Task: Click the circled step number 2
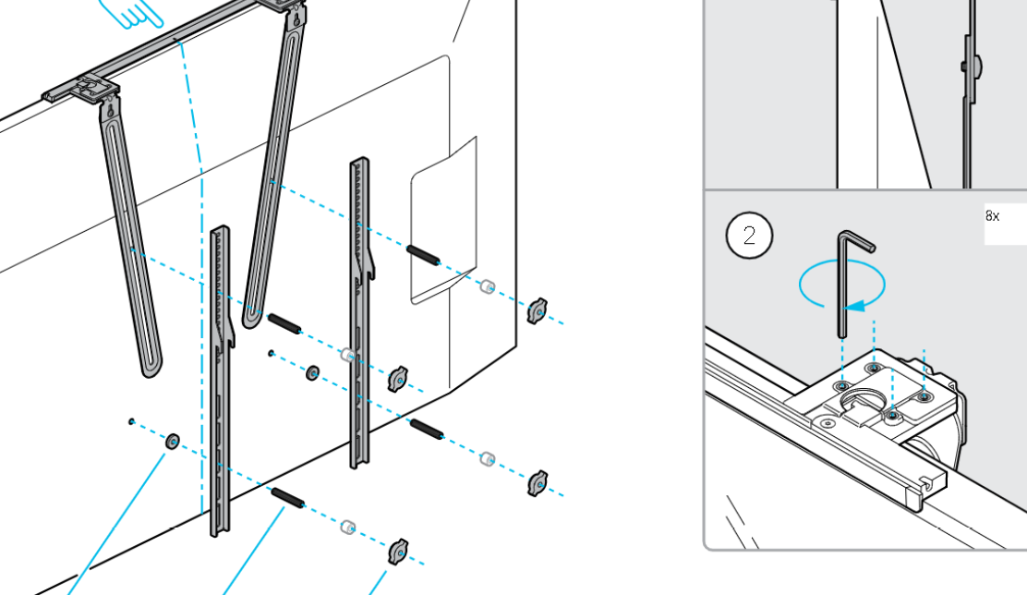749,236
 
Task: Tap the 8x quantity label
992,216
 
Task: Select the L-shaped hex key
852,282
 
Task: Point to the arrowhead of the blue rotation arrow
855,306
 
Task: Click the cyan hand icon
131,13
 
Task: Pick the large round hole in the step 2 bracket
866,400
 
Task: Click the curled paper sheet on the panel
443,220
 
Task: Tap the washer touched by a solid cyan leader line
173,441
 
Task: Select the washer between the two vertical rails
313,373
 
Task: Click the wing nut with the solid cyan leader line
398,552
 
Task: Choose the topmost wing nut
538,310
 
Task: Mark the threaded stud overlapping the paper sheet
423,255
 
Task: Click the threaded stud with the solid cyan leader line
287,498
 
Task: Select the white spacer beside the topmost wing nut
488,286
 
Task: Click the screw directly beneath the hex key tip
843,386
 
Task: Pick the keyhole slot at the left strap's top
110,105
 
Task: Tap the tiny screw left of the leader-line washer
132,422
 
